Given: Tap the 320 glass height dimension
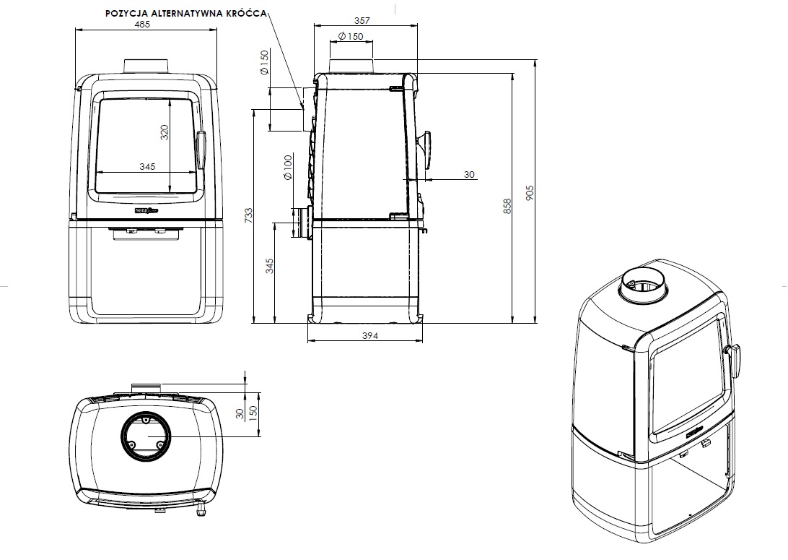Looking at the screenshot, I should tap(164, 133).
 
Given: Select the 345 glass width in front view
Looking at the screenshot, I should tap(146, 167).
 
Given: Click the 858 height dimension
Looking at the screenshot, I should tap(507, 207).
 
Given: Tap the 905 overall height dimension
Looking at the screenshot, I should tap(530, 193).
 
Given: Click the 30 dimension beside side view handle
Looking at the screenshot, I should tap(469, 175).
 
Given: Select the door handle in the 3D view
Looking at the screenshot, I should tap(737, 361).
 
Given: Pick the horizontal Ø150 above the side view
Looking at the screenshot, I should tap(351, 37).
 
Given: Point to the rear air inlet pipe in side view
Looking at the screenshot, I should tap(299, 223).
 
